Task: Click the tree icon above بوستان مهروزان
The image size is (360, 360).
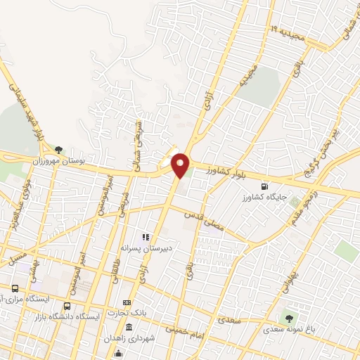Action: pyautogui.click(x=58, y=150)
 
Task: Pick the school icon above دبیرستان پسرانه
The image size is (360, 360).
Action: pyautogui.click(x=146, y=238)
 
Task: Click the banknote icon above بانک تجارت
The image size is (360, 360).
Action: pyautogui.click(x=127, y=302)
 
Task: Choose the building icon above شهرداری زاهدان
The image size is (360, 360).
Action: pyautogui.click(x=129, y=328)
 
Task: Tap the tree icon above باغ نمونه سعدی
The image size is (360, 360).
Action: pyautogui.click(x=289, y=318)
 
